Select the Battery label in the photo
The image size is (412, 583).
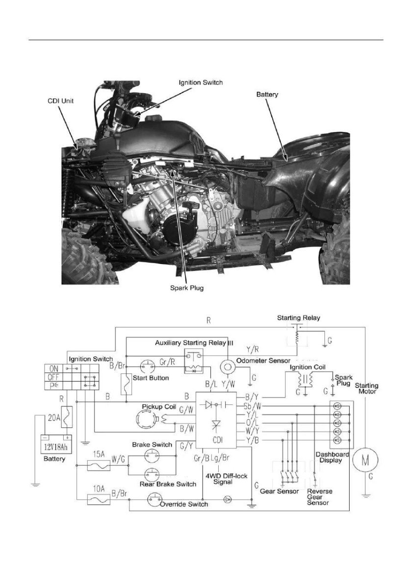pyautogui.click(x=268, y=93)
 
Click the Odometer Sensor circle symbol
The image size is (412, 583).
pyautogui.click(x=227, y=366)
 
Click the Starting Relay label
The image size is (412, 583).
pyautogui.click(x=299, y=318)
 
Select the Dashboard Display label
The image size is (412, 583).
pyautogui.click(x=333, y=457)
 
